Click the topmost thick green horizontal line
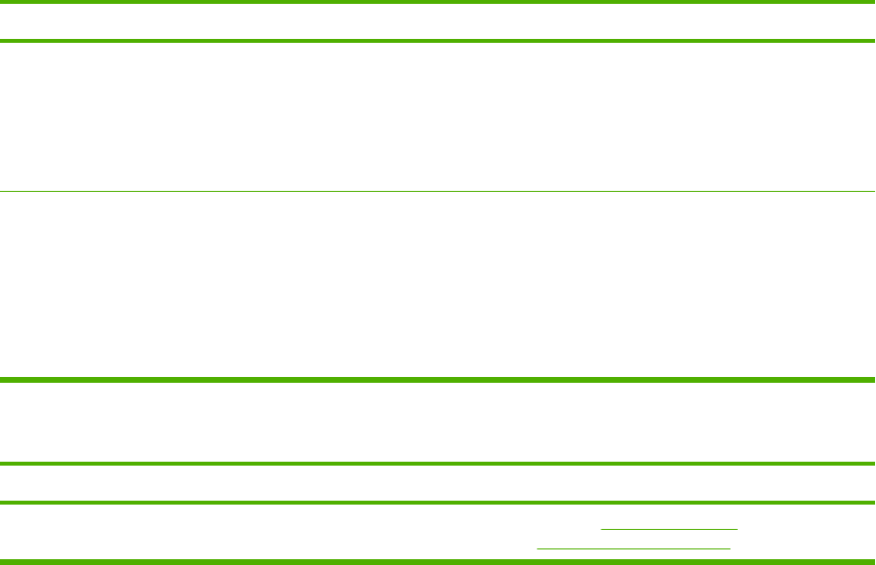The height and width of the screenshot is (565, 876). (x=438, y=3)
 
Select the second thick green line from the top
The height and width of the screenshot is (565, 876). (x=438, y=41)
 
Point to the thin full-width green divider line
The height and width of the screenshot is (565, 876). (x=438, y=191)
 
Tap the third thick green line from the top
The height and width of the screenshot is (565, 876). (x=438, y=379)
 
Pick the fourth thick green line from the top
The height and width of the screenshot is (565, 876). (x=438, y=464)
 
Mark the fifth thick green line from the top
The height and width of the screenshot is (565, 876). (x=438, y=503)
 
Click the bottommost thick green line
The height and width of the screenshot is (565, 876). (x=438, y=561)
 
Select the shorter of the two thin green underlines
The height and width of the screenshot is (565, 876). (x=669, y=529)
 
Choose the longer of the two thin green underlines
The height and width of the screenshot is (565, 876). (x=634, y=549)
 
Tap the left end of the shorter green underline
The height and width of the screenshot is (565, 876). (x=602, y=529)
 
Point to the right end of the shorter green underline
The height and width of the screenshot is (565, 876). (x=737, y=529)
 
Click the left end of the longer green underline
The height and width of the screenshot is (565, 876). (x=538, y=549)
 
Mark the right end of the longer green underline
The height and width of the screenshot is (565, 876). (x=729, y=549)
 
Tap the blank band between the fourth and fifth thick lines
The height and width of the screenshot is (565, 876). (x=438, y=483)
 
